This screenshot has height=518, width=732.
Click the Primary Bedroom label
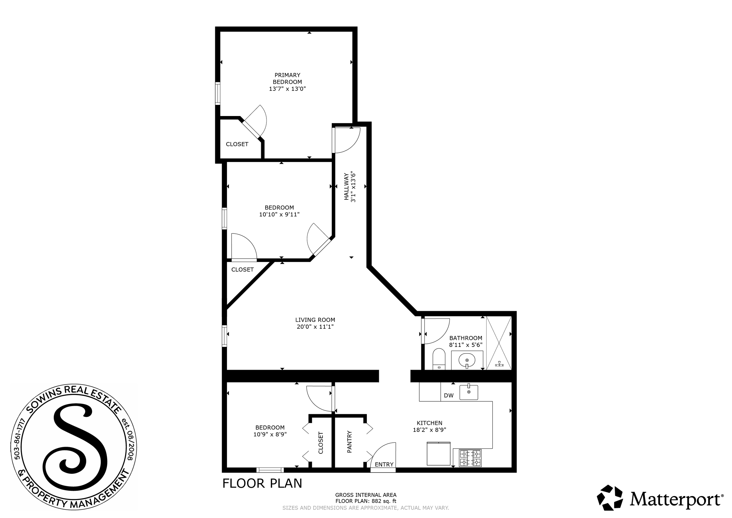[287, 79]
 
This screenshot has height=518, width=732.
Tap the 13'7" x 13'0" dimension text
[287, 89]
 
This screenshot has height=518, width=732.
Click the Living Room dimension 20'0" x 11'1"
[315, 327]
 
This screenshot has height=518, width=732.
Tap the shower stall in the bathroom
[499, 343]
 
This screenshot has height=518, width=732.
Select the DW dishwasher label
[449, 396]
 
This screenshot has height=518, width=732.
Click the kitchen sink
[469, 392]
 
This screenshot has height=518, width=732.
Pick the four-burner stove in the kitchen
[470, 458]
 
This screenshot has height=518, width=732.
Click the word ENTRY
[384, 464]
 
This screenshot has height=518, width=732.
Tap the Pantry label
[349, 442]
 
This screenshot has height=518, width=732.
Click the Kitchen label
[430, 423]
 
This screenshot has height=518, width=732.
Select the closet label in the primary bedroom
[237, 144]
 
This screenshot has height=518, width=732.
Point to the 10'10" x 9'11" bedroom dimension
[279, 214]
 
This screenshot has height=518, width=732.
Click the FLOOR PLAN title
[262, 483]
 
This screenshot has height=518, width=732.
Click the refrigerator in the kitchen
[439, 453]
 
